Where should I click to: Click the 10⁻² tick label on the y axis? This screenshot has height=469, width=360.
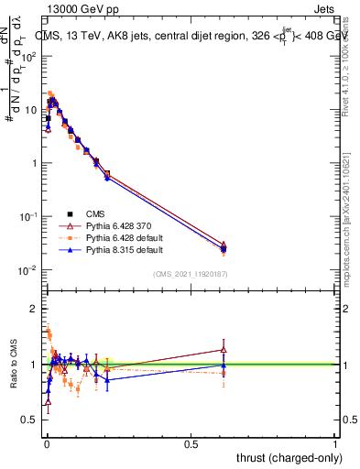pos(28,270)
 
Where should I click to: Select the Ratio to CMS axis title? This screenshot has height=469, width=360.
pos(14,365)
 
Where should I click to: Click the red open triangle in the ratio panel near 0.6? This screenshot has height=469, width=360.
pos(224,349)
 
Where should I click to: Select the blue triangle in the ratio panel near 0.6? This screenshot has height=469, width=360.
pos(224,365)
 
